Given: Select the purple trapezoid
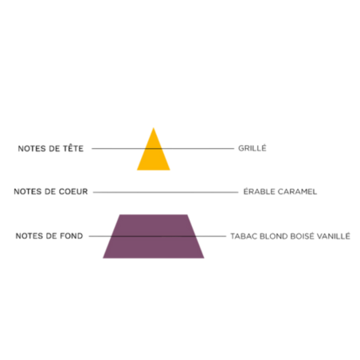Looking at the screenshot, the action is coord(154,237).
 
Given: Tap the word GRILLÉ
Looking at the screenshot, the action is coord(252,148).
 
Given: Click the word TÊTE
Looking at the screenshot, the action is coord(73,148).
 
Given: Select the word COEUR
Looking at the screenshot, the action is coord(73,191).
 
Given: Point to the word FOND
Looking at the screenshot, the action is coord(72,236).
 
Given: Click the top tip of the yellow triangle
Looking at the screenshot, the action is coord(154,127).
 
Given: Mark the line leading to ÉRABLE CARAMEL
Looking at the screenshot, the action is coord(166,192).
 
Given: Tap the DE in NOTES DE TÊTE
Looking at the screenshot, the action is coord(54,148).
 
